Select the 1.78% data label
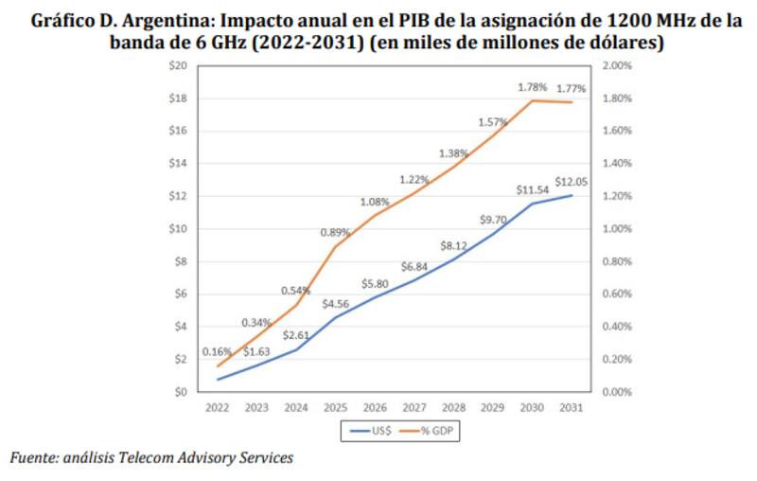533,87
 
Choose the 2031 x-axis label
569,408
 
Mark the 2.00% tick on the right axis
617,65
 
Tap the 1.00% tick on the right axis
617,229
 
